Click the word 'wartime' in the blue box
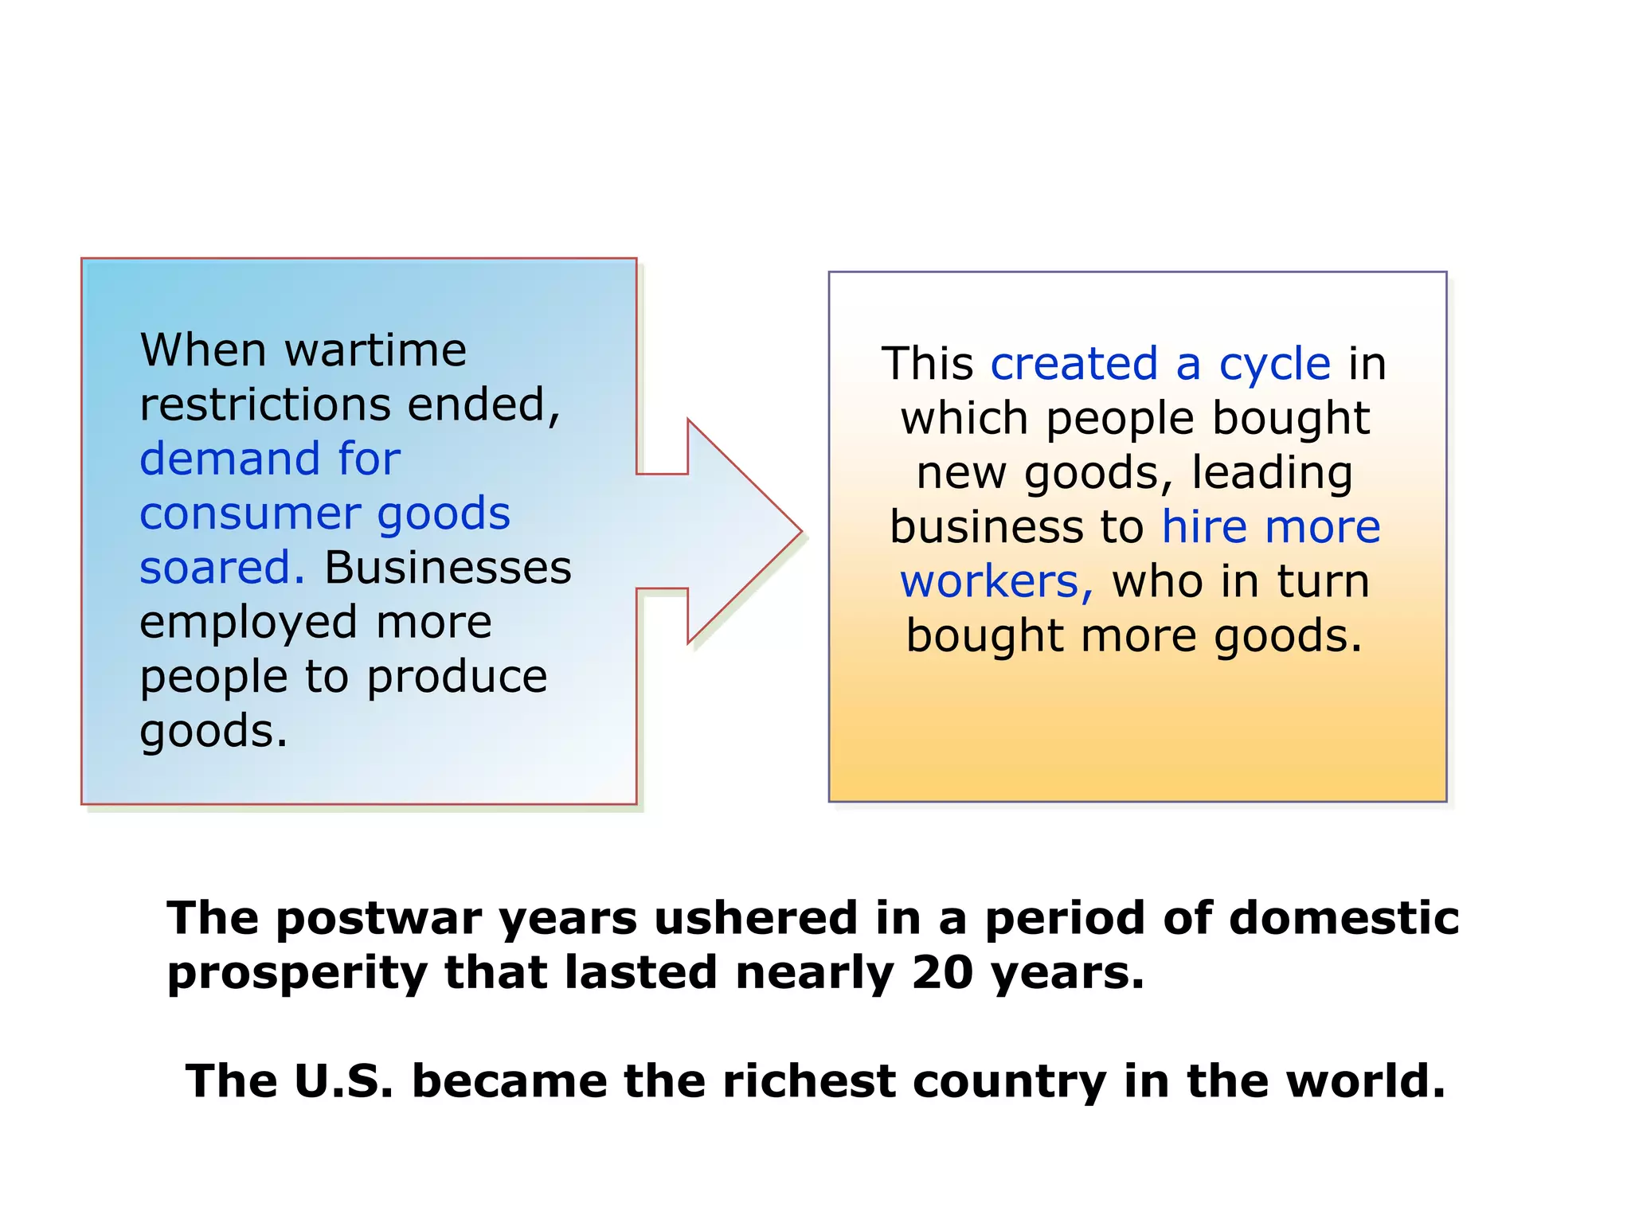coord(375,350)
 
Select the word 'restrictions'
coord(264,404)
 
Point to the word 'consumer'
coord(249,514)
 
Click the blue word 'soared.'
coord(222,568)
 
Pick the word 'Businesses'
coord(448,568)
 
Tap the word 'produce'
coord(457,677)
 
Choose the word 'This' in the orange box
coord(927,365)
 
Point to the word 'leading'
coord(1272,473)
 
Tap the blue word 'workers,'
coord(996,582)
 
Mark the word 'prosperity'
coord(297,975)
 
